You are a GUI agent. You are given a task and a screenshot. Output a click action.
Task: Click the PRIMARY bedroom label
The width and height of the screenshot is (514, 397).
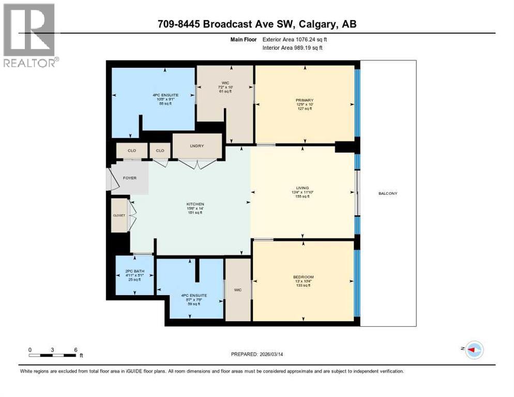pyautogui.click(x=305, y=100)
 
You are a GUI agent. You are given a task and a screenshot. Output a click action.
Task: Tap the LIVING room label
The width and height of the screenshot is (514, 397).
pyautogui.click(x=303, y=188)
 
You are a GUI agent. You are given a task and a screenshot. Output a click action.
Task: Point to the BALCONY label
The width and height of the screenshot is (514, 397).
pyautogui.click(x=388, y=193)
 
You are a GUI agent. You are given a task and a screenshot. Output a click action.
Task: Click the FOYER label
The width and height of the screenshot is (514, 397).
pyautogui.click(x=129, y=178)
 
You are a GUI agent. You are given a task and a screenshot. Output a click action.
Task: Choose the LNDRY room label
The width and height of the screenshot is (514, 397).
pyautogui.click(x=197, y=146)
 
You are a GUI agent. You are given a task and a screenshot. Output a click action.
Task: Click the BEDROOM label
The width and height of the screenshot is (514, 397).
pyautogui.click(x=304, y=277)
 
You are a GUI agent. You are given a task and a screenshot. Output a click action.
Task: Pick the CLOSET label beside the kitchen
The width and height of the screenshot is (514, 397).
pyautogui.click(x=119, y=215)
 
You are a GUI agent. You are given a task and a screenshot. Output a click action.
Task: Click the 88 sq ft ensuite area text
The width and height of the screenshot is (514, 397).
pyautogui.click(x=165, y=104)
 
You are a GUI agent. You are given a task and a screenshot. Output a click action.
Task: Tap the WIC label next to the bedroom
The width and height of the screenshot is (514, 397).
pyautogui.click(x=238, y=290)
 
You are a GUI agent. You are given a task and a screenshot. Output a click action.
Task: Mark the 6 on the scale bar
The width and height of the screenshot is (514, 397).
pyautogui.click(x=75, y=349)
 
